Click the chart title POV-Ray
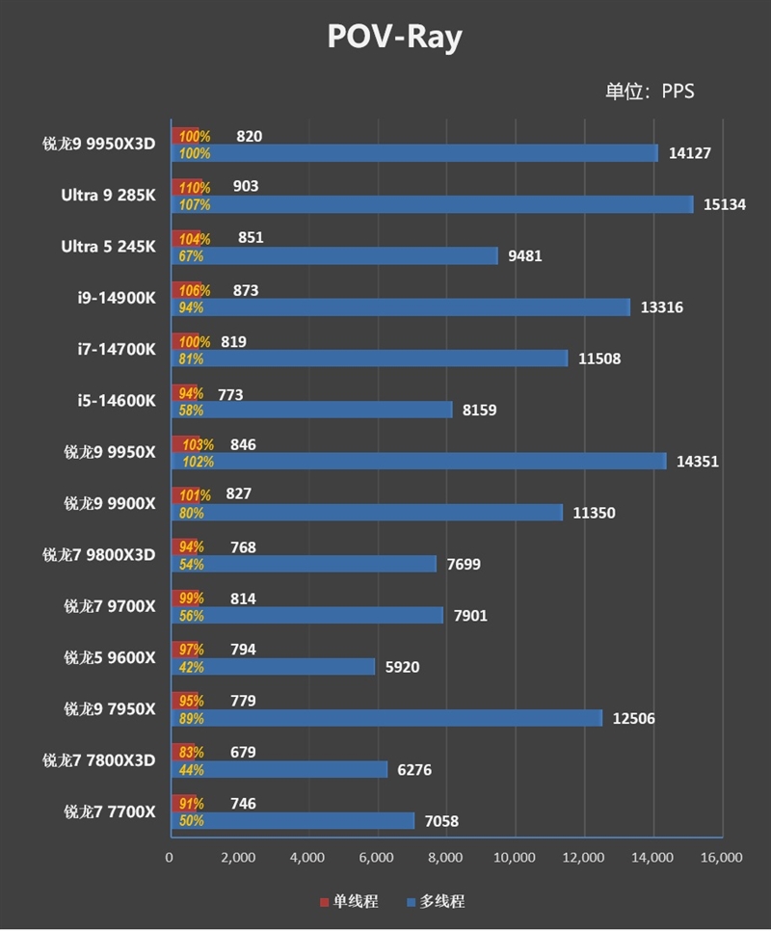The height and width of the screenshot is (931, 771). pyautogui.click(x=394, y=37)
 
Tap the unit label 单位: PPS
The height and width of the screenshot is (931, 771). pyautogui.click(x=650, y=92)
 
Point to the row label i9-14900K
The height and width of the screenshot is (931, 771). pyautogui.click(x=117, y=298)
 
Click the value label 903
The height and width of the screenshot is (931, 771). pyautogui.click(x=246, y=186)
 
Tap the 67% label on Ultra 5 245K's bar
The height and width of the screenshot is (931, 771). pyautogui.click(x=191, y=255)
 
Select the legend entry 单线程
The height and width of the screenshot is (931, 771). pyautogui.click(x=348, y=901)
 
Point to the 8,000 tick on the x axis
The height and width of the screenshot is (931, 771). pyautogui.click(x=445, y=857)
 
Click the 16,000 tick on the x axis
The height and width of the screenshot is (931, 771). pyautogui.click(x=721, y=857)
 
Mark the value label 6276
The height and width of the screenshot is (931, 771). pyautogui.click(x=416, y=769)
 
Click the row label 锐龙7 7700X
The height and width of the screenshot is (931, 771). pyautogui.click(x=109, y=811)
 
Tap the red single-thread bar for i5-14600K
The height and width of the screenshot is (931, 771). pyautogui.click(x=185, y=393)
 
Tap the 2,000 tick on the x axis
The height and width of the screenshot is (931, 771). pyautogui.click(x=238, y=857)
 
